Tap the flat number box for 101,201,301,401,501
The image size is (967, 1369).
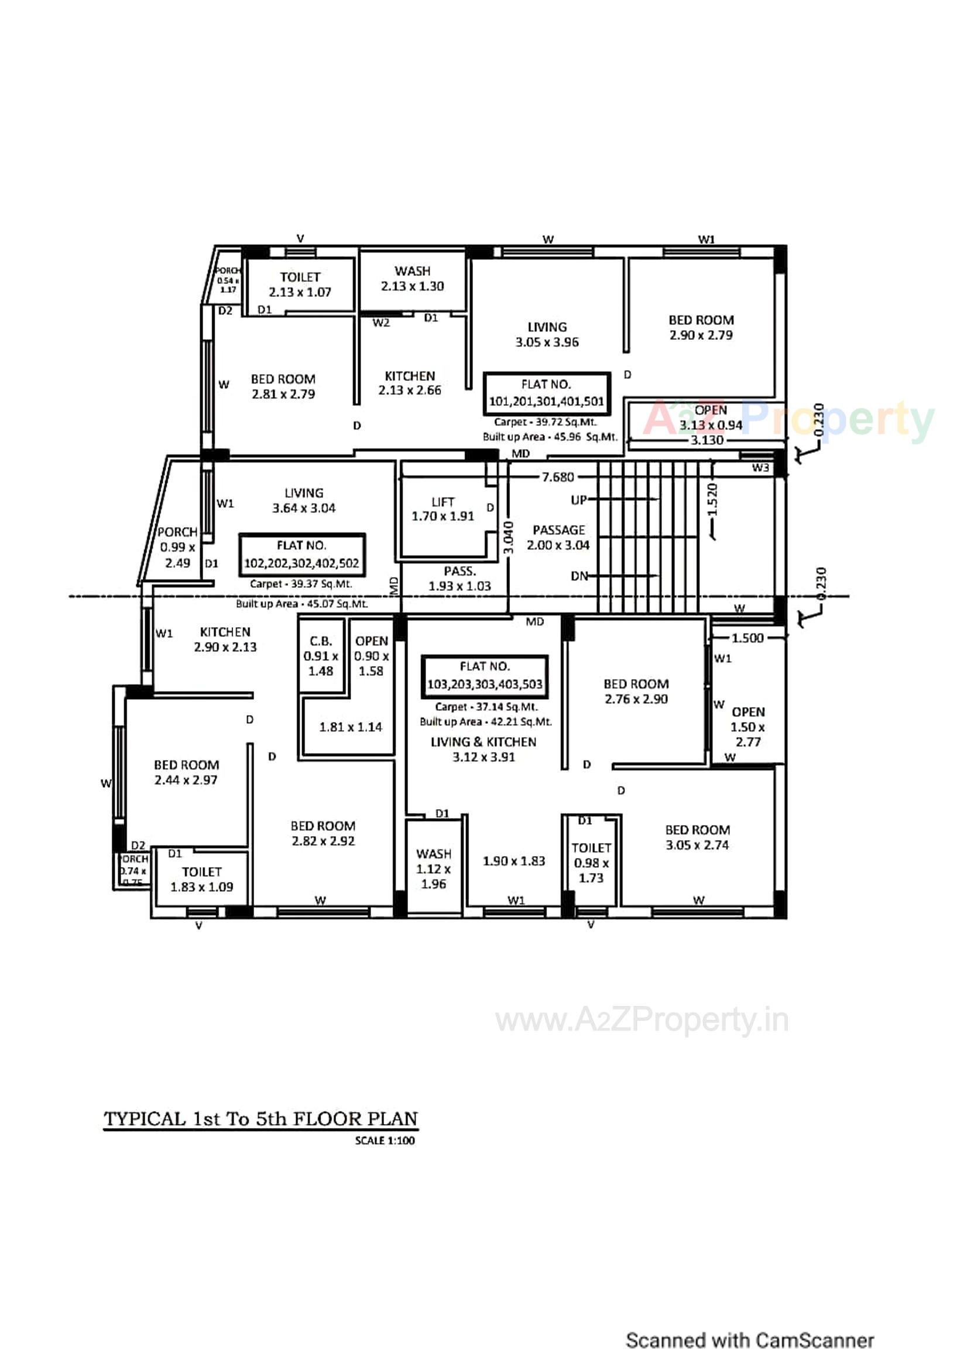pos(546,393)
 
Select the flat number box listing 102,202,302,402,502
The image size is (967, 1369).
pos(301,555)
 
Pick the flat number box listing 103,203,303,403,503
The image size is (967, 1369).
pos(484,676)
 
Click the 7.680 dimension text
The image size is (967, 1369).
pos(557,477)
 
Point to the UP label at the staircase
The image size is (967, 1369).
pos(578,499)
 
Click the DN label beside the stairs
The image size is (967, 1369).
pos(579,576)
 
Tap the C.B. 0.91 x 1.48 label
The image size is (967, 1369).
pos(321,656)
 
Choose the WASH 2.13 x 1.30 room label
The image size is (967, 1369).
pos(412,279)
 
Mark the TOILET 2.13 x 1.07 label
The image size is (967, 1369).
pos(300,285)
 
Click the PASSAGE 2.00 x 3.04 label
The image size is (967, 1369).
pos(558,537)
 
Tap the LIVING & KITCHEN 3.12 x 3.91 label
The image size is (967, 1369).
pos(483,749)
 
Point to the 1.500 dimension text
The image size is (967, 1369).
pos(747,638)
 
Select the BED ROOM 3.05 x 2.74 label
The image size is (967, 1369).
pos(697,837)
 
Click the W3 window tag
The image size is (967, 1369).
pos(760,467)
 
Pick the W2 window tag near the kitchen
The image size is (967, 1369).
pos(381,323)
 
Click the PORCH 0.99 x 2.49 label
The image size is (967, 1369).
pos(177,547)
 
